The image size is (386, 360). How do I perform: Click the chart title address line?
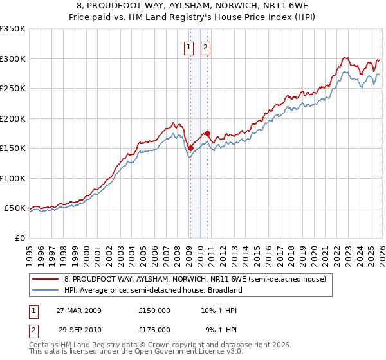pyautogui.click(x=193, y=6)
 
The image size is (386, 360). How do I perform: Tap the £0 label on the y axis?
pyautogui.click(x=19, y=238)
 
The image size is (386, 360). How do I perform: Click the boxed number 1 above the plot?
pyautogui.click(x=189, y=47)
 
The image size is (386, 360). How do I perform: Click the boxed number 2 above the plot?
pyautogui.click(x=205, y=47)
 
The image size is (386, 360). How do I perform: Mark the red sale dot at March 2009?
pyautogui.click(x=190, y=148)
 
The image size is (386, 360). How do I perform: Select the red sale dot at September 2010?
pyautogui.click(x=207, y=133)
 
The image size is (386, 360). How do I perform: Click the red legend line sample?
pyautogui.click(x=46, y=279)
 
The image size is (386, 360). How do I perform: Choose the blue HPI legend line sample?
pyautogui.click(x=46, y=290)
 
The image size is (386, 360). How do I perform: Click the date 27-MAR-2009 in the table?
pyautogui.click(x=80, y=310)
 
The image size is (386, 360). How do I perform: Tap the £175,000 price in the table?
pyautogui.click(x=154, y=329)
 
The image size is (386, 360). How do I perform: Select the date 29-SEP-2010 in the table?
pyautogui.click(x=80, y=329)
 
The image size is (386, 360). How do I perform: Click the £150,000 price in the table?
pyautogui.click(x=154, y=310)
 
